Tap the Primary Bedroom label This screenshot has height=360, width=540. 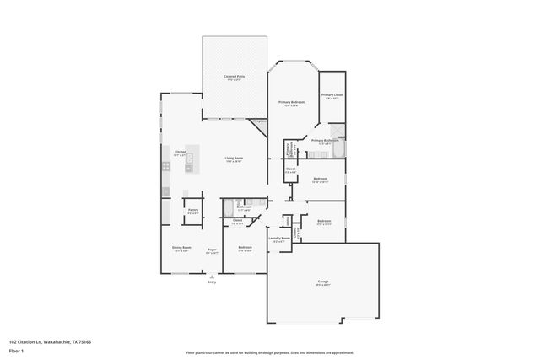point(291,103)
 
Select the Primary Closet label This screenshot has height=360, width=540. point(332,96)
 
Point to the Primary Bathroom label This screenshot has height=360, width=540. point(325,141)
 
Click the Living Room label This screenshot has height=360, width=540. point(234,159)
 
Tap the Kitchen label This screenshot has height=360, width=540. point(180,153)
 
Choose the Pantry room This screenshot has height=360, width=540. point(193,210)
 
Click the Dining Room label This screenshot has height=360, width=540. point(182,249)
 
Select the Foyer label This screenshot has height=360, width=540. point(212,249)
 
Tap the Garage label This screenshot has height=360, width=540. point(322,282)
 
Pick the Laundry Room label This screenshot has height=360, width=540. point(279,239)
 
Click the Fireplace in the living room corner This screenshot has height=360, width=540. point(260,123)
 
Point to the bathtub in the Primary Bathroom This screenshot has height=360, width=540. point(338,151)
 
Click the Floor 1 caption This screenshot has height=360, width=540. point(17,350)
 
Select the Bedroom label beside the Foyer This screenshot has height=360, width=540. point(246,249)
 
